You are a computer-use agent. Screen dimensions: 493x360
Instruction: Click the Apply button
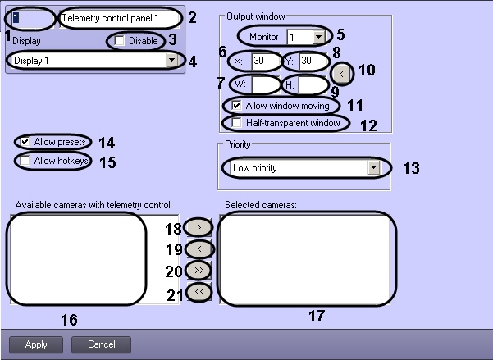(x=36, y=344)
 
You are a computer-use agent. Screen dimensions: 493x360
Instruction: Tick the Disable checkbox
(x=119, y=41)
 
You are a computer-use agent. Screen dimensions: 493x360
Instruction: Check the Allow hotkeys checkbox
(x=25, y=161)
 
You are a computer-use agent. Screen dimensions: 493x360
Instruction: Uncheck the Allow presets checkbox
(x=25, y=142)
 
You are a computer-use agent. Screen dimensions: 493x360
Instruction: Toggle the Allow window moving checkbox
(x=236, y=105)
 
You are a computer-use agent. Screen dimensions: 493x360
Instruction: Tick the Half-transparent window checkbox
(x=236, y=123)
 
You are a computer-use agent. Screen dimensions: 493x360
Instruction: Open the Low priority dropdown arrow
(x=373, y=168)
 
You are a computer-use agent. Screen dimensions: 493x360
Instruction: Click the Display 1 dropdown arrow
(x=171, y=60)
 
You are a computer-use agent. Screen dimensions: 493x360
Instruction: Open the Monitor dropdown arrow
(x=318, y=37)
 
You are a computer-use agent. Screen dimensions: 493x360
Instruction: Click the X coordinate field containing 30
(x=265, y=61)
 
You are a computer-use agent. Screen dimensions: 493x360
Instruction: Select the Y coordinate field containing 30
(x=313, y=61)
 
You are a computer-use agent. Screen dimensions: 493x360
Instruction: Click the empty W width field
(x=265, y=84)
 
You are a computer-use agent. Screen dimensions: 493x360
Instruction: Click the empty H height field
(x=313, y=84)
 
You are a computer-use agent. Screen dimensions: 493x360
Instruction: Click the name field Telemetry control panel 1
(x=120, y=19)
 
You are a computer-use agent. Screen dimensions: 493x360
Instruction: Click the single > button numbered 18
(x=199, y=227)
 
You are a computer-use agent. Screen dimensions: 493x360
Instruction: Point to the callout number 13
(x=411, y=168)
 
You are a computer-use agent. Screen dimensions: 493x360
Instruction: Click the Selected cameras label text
(x=261, y=205)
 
